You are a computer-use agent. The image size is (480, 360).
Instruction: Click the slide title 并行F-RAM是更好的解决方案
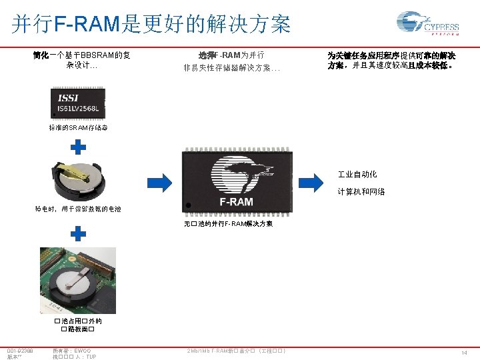point(151,24)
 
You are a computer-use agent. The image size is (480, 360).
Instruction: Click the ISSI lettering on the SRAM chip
point(67,98)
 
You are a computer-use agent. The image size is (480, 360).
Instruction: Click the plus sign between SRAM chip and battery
point(79,147)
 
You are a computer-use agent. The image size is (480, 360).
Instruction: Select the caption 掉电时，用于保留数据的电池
point(78,209)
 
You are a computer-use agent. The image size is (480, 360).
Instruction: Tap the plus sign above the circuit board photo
point(79,233)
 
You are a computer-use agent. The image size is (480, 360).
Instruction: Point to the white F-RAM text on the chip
point(237,201)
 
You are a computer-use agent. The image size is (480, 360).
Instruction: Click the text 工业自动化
point(357,175)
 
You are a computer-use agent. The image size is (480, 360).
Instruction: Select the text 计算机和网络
point(361,192)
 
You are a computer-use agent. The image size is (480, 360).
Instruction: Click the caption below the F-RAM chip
point(228,224)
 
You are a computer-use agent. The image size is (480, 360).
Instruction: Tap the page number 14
point(465,352)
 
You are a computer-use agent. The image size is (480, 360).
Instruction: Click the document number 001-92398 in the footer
point(19,350)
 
